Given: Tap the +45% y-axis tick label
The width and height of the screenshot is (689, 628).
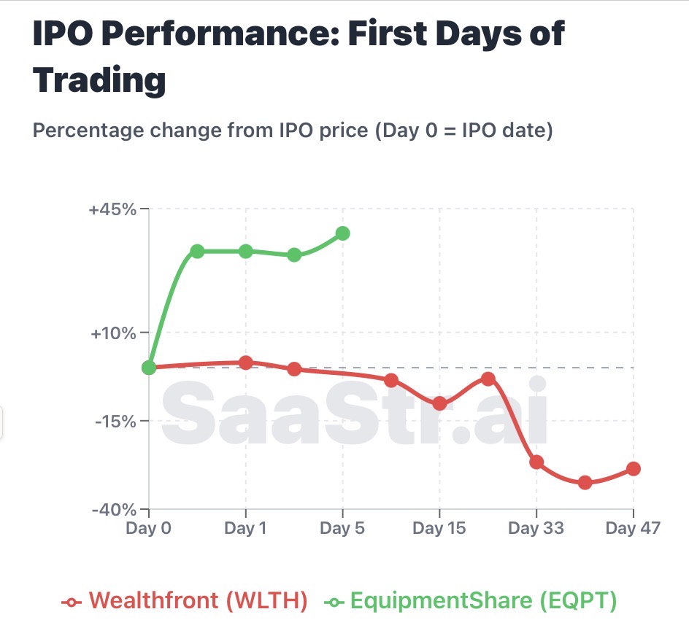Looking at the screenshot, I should [112, 209].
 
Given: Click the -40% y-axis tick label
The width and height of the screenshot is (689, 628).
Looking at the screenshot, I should [114, 509].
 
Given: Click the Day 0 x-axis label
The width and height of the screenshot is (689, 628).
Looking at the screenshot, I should [149, 528].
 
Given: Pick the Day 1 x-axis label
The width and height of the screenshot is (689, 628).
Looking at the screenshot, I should [246, 528].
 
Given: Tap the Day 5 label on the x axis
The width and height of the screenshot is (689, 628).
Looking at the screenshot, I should [343, 528].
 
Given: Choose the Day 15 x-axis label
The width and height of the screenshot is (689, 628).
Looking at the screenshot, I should [439, 528].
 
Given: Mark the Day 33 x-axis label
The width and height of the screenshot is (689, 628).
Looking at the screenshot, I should [536, 528].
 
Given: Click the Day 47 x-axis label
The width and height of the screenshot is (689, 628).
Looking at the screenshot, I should [632, 528].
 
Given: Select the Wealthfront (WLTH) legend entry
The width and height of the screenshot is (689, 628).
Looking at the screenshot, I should [185, 601].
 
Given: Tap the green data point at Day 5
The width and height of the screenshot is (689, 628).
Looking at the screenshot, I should [343, 233].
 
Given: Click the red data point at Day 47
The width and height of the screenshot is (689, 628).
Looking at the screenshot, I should [634, 468].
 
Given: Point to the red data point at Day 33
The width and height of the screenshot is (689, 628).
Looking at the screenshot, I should [536, 462].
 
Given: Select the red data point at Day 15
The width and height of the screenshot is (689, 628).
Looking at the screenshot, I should [439, 403].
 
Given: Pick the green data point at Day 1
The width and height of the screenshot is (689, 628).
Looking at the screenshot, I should [246, 251].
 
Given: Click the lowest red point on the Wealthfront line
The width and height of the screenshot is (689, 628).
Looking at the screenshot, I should [585, 482].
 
